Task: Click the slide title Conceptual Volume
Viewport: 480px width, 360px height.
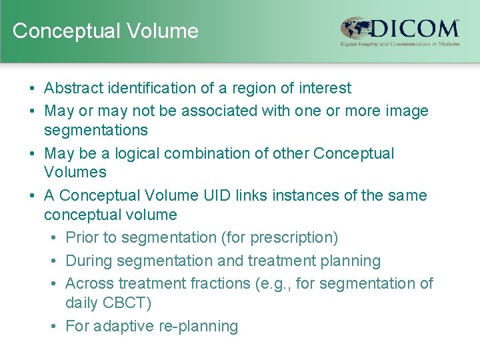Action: click(105, 31)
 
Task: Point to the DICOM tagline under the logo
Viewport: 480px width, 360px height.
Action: click(399, 44)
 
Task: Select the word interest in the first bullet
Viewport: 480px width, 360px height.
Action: click(325, 88)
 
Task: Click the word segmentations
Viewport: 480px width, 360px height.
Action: click(96, 130)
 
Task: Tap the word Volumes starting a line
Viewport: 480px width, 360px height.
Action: click(75, 172)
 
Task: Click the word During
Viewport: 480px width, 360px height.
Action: click(89, 261)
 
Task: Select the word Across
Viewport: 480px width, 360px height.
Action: click(90, 283)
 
